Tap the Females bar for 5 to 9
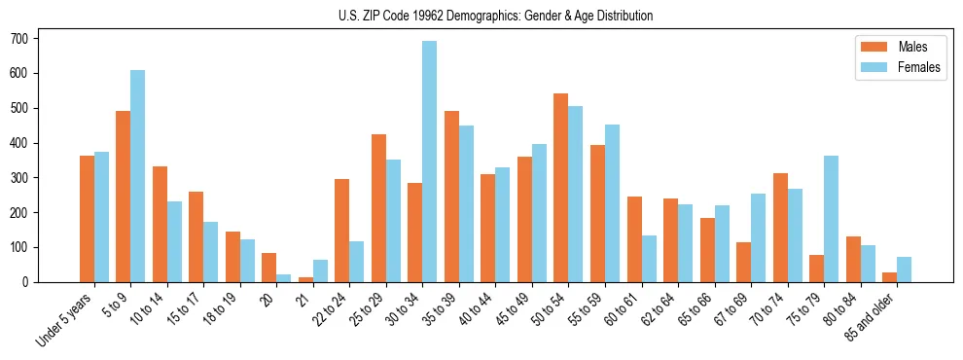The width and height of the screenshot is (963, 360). pyautogui.click(x=138, y=176)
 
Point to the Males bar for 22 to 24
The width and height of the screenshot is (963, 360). pyautogui.click(x=342, y=231)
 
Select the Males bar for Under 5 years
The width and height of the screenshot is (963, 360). pyautogui.click(x=87, y=219)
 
